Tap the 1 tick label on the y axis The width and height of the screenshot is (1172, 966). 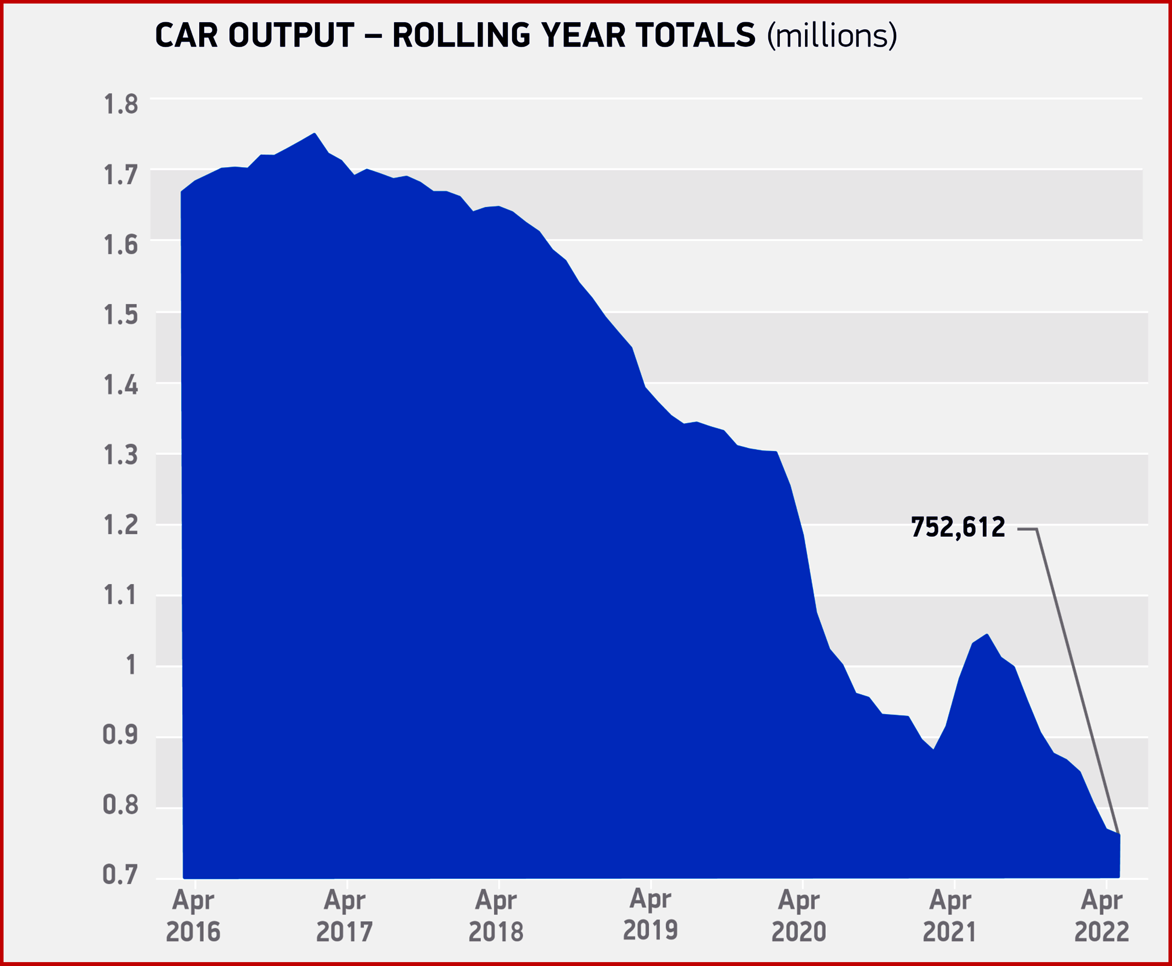click(x=131, y=665)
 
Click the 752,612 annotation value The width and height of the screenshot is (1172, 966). click(x=958, y=527)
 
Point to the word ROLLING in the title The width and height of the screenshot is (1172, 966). click(x=461, y=36)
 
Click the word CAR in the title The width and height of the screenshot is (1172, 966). click(x=186, y=36)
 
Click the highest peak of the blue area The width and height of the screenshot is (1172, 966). click(x=315, y=134)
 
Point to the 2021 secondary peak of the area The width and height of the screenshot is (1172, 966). click(x=987, y=634)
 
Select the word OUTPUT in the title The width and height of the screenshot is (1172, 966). click(x=291, y=36)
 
